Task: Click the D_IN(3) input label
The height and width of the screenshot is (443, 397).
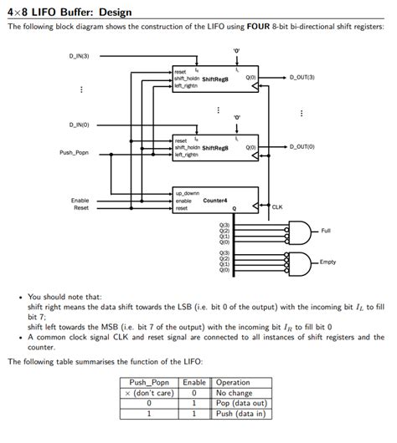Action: click(80, 56)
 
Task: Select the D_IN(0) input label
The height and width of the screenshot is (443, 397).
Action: click(80, 125)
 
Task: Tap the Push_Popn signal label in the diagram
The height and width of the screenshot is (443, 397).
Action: click(75, 152)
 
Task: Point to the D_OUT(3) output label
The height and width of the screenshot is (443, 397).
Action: click(302, 77)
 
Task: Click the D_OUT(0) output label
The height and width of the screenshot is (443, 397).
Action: click(302, 145)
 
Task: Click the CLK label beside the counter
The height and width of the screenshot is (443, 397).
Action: click(277, 206)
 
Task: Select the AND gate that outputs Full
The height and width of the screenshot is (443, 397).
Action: click(298, 231)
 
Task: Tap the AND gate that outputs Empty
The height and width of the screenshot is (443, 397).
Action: click(298, 262)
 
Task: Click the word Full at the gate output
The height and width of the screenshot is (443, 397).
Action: click(326, 231)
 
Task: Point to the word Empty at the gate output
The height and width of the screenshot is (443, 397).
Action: click(327, 262)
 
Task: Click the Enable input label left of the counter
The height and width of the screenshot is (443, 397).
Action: click(80, 201)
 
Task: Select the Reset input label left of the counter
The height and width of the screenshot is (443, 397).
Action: click(81, 208)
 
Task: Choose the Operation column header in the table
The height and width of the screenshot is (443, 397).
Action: click(233, 383)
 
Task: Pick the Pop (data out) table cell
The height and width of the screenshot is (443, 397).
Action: click(239, 402)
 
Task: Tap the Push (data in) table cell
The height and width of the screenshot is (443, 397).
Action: click(240, 412)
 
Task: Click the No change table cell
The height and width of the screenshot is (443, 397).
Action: click(233, 393)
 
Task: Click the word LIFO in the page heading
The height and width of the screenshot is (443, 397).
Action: click(44, 11)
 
